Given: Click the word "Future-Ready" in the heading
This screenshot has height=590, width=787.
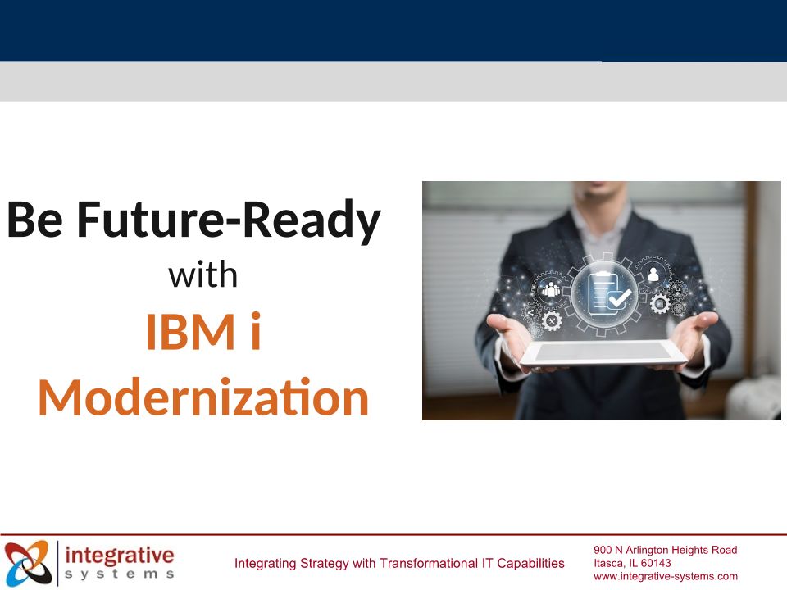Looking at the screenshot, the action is click(x=229, y=220).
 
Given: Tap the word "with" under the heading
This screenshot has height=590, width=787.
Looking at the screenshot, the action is click(x=202, y=275).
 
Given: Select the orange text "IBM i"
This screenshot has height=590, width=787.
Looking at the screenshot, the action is click(x=203, y=331).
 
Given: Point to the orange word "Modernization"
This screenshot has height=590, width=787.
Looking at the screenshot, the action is click(x=203, y=397).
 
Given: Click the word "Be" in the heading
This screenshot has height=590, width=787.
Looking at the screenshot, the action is click(x=34, y=220).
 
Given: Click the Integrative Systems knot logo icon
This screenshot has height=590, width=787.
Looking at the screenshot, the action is click(x=28, y=562).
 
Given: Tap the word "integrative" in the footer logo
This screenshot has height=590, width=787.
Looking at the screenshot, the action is click(x=120, y=556).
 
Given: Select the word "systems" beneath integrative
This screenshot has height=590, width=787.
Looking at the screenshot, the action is click(x=120, y=574).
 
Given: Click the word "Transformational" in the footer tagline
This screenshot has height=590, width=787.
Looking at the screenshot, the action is click(x=430, y=564).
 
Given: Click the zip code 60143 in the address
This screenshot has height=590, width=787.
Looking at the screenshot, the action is click(x=656, y=563).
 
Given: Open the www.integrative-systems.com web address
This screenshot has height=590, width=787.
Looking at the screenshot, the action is click(x=666, y=576).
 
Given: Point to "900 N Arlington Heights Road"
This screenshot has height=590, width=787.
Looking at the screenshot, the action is click(x=665, y=550).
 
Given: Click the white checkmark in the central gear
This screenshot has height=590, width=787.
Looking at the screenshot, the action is click(x=620, y=298).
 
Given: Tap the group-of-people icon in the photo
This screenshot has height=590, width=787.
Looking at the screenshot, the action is click(x=551, y=289).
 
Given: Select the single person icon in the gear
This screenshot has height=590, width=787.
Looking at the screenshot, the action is click(x=653, y=275).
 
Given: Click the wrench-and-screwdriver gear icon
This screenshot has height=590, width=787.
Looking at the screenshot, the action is click(x=552, y=320).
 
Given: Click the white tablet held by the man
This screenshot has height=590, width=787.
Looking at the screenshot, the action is click(x=603, y=353).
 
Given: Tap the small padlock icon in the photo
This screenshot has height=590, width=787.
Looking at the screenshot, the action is click(x=678, y=290).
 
